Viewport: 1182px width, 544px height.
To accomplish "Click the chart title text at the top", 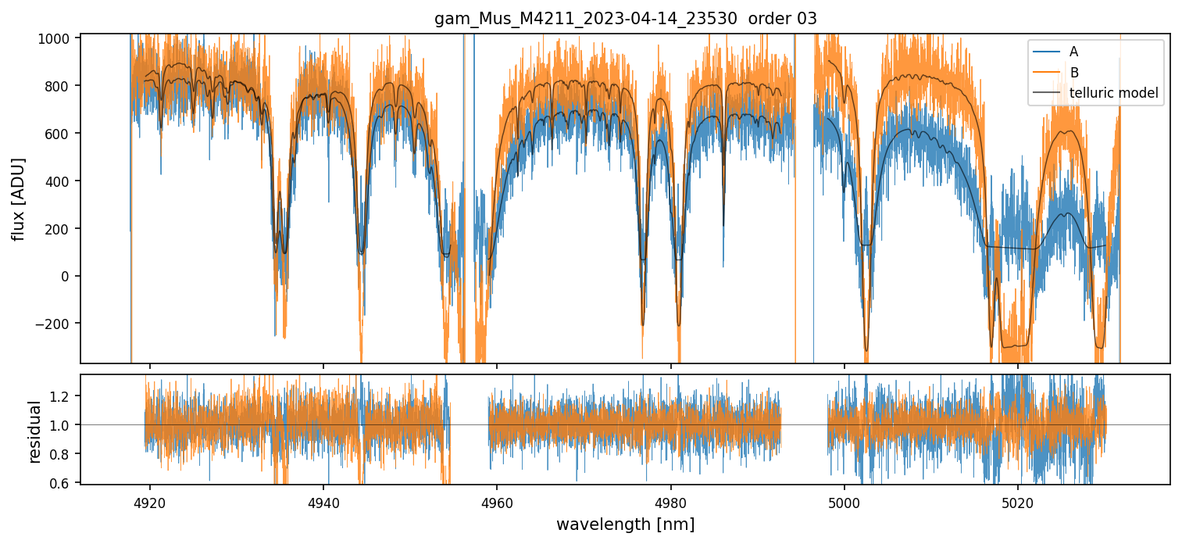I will pyautogui.click(x=625, y=19).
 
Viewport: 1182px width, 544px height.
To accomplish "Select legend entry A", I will pyautogui.click(x=1073, y=52).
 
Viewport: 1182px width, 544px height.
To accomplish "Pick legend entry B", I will pyautogui.click(x=1073, y=73).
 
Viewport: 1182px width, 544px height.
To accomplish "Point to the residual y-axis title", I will pyautogui.click(x=34, y=431).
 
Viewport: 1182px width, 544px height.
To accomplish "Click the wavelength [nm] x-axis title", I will pyautogui.click(x=625, y=524).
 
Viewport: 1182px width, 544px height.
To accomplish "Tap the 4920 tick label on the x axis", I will pyautogui.click(x=150, y=500).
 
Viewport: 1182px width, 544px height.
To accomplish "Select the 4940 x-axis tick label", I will pyautogui.click(x=323, y=500).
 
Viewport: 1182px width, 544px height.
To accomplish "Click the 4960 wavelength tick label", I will pyautogui.click(x=498, y=500).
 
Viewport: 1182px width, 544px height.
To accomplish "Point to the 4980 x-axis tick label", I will pyautogui.click(x=671, y=500).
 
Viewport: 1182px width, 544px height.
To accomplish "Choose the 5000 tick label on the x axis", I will pyautogui.click(x=845, y=500).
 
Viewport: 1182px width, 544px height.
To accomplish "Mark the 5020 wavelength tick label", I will pyautogui.click(x=1018, y=500).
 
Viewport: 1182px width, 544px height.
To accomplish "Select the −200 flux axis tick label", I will pyautogui.click(x=55, y=324).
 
